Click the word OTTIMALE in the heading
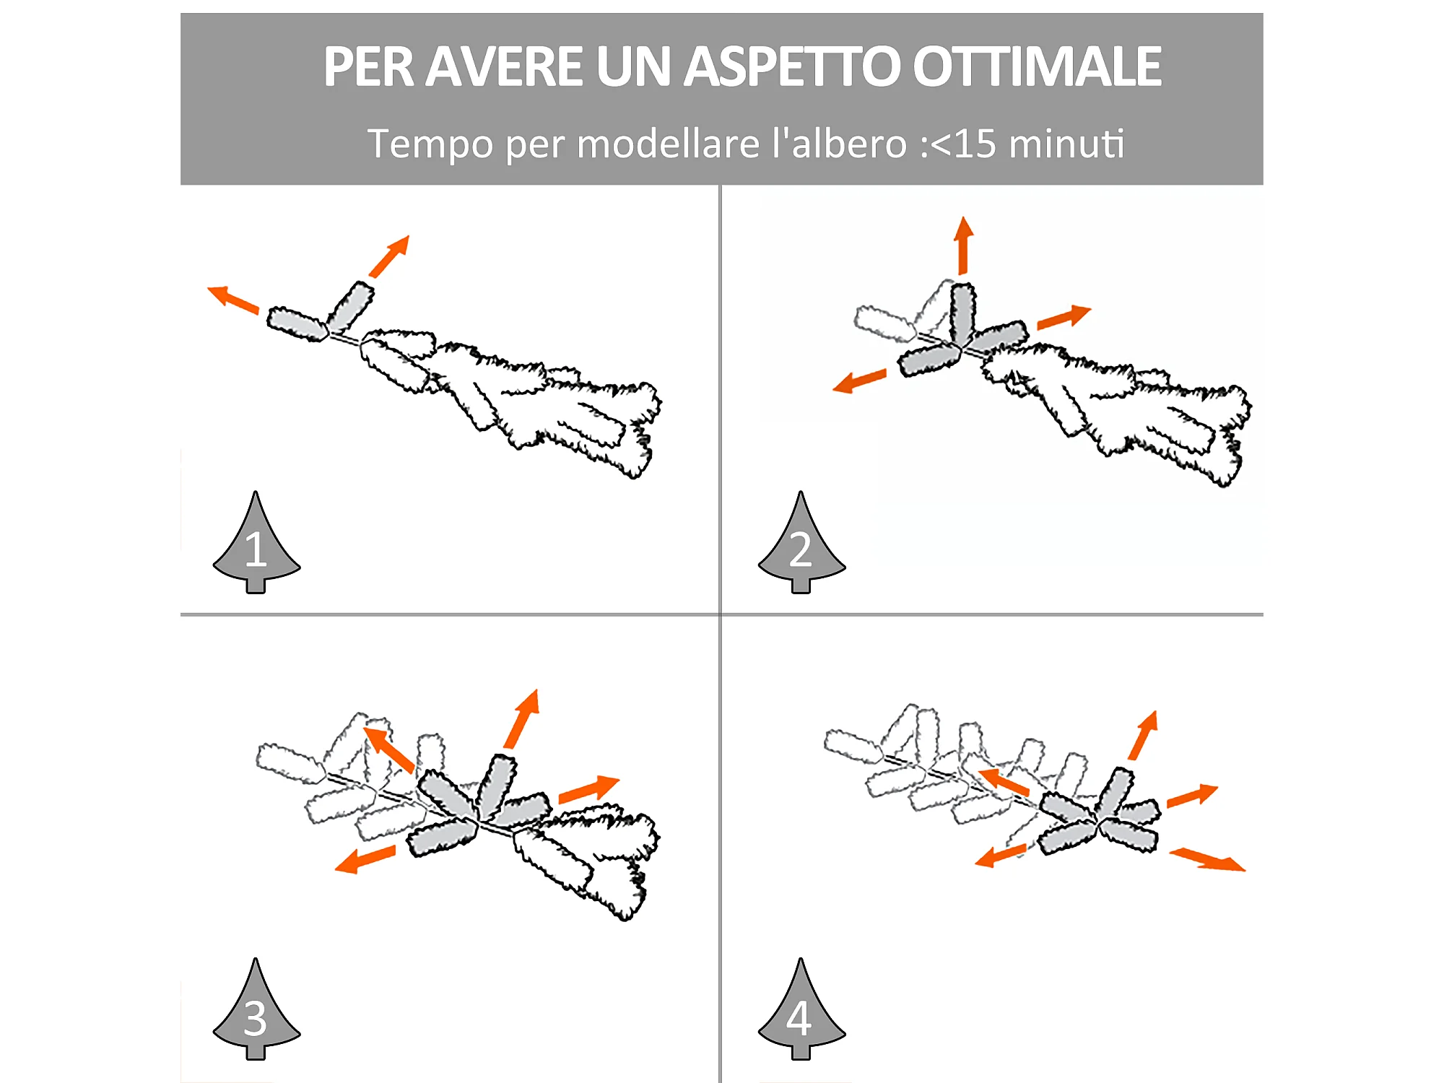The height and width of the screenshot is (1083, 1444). (1037, 66)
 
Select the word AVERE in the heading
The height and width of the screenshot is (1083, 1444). (503, 66)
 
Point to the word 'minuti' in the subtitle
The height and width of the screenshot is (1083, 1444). (1066, 143)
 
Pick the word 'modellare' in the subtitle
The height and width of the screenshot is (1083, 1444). (669, 143)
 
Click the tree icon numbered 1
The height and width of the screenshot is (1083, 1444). (256, 542)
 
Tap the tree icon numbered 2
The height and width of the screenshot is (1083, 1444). (801, 542)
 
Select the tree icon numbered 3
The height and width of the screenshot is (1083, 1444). (256, 1009)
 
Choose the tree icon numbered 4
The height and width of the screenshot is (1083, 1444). (801, 1009)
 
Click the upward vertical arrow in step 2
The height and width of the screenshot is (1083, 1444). (963, 245)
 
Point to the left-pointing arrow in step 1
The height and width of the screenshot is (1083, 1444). (233, 300)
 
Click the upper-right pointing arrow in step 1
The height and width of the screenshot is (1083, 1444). (389, 256)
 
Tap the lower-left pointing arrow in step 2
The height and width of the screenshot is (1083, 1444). (859, 380)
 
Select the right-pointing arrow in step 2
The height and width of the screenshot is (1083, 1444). (1064, 317)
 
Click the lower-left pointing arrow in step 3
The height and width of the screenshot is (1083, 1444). (365, 859)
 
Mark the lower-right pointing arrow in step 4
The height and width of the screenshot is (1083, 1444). (1207, 859)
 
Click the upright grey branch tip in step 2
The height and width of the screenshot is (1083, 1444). (963, 313)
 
